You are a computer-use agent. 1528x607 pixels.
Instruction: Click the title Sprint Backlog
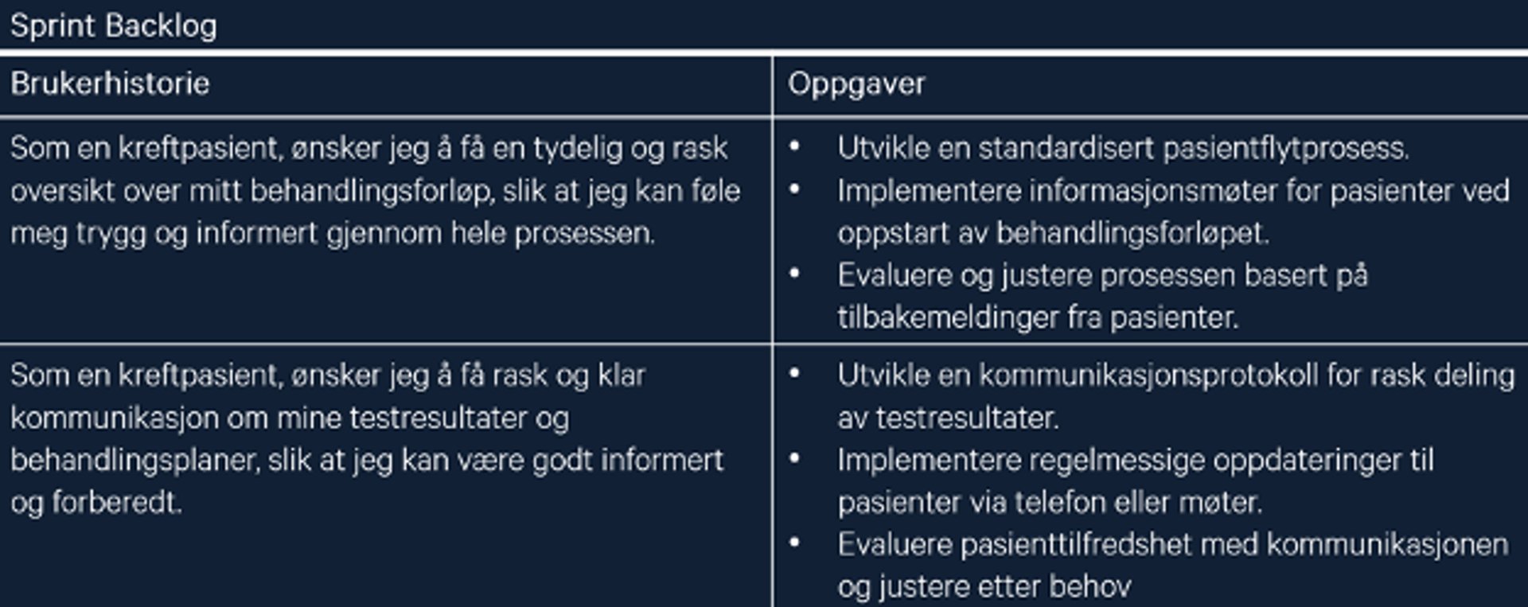pos(113,26)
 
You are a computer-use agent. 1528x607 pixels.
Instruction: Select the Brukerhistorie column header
pos(110,84)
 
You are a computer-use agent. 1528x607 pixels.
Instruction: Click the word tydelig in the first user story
pos(578,149)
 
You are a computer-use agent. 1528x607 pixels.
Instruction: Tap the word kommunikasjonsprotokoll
pos(1148,375)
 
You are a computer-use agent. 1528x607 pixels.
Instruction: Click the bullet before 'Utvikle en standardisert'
pos(794,146)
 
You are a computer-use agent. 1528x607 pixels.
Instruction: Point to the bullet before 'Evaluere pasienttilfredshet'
pos(794,543)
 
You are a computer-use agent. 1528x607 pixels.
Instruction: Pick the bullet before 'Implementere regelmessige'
pos(794,457)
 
